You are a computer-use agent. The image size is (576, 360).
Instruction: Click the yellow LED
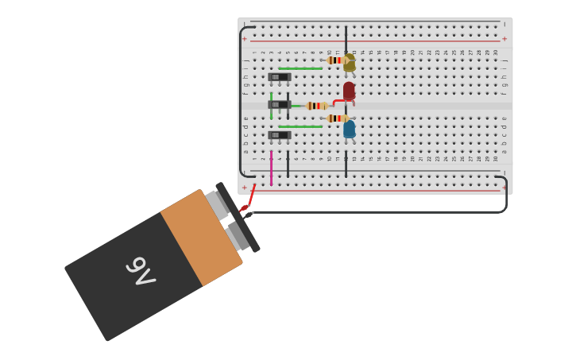(x=349, y=64)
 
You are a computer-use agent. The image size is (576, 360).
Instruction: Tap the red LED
(x=349, y=90)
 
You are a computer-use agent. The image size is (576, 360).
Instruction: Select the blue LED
(x=349, y=129)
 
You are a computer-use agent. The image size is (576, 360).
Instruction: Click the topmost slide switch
(x=279, y=77)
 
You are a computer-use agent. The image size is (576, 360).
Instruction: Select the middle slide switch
(x=279, y=105)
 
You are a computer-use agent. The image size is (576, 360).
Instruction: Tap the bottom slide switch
(x=279, y=135)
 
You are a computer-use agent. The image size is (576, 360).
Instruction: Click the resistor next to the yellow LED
(x=334, y=60)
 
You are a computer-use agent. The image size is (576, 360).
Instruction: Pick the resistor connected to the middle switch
(x=316, y=106)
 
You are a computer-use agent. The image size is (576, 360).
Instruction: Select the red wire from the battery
(x=250, y=197)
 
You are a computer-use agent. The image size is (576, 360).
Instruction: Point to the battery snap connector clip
(x=238, y=217)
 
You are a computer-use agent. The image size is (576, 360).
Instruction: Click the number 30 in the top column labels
(x=496, y=52)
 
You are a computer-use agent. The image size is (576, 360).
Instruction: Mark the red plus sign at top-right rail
(x=504, y=39)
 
